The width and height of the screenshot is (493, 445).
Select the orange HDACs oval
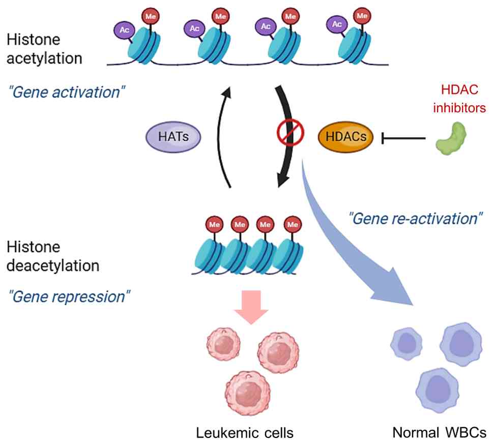point(345,137)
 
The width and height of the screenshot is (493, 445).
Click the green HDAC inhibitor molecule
point(450,137)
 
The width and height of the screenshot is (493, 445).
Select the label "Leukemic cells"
point(245,433)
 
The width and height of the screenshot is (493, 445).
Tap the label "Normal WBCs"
point(439,433)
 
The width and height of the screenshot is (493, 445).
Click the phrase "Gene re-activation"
point(415,219)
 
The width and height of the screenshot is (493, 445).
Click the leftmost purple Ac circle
point(124,29)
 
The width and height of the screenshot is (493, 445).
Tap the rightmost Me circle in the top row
point(362,16)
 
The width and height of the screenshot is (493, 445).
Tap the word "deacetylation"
point(52,265)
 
